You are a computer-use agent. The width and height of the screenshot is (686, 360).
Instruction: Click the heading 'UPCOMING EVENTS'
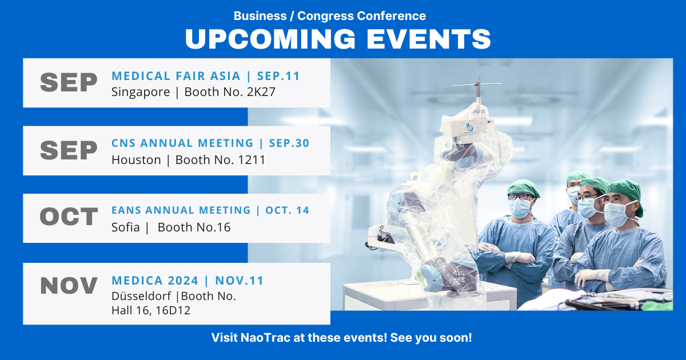click(338, 39)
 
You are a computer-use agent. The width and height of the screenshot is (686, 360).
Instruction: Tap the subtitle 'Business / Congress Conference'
click(330, 16)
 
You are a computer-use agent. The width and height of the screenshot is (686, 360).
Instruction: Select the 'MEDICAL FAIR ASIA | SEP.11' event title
click(206, 76)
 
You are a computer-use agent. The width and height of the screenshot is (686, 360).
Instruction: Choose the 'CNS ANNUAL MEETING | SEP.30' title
click(210, 143)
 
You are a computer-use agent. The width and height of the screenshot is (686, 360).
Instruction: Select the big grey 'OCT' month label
click(69, 217)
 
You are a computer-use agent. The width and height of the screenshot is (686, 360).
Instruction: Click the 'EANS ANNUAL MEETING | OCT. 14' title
click(210, 210)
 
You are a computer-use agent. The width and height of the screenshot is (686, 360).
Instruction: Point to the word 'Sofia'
click(126, 227)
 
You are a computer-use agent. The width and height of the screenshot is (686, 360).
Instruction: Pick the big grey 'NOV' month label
click(69, 286)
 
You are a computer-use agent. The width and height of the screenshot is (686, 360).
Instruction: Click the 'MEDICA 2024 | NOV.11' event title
click(188, 281)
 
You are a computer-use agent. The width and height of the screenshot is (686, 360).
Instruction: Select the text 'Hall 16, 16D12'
click(150, 310)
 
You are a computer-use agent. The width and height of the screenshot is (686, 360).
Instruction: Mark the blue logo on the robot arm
click(470, 127)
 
